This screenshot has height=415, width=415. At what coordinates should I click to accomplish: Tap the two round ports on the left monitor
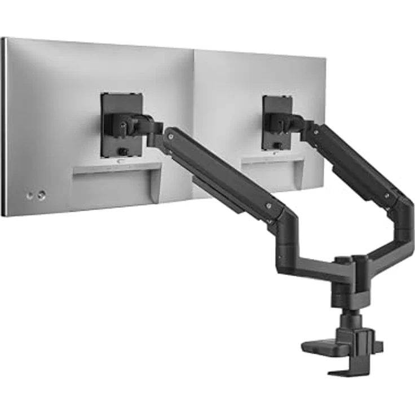pos(35,196)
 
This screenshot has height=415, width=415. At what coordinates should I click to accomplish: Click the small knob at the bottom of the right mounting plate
pos(277,145)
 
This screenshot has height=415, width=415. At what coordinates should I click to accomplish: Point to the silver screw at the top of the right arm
pos(315,131)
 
